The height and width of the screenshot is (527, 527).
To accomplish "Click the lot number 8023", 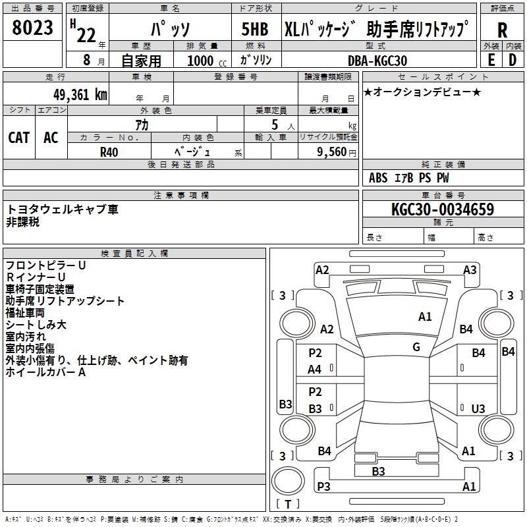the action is click(32, 27).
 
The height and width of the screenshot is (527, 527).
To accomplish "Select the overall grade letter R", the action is click(502, 30).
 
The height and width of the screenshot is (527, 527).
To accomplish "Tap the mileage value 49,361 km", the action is click(80, 95).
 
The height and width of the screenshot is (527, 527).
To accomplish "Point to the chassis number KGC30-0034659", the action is click(443, 209).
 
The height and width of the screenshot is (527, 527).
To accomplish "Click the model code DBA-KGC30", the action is click(377, 61).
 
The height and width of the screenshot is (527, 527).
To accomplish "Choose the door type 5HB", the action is click(255, 29).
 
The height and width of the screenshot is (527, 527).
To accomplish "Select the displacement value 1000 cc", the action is click(207, 61).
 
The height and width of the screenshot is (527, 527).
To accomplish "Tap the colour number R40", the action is click(109, 152).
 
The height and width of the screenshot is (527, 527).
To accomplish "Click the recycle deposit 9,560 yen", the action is click(337, 152).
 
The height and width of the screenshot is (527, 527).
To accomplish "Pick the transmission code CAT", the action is click(19, 138).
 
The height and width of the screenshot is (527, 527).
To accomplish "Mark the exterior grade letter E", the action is click(491, 60).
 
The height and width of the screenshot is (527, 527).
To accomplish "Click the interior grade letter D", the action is click(513, 60).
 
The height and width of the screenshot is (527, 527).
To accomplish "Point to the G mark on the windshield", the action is click(416, 347).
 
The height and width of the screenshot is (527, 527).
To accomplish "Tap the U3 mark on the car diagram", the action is click(478, 408).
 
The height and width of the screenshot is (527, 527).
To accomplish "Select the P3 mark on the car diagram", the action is click(323, 486).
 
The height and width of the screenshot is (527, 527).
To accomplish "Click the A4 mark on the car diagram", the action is click(314, 370).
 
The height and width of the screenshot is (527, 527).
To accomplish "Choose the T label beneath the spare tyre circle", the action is click(288, 504).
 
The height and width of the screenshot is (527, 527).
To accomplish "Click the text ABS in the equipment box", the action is click(378, 178).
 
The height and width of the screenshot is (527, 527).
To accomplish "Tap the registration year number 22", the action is click(86, 35).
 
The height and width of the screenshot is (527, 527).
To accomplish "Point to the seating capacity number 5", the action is click(275, 125).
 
